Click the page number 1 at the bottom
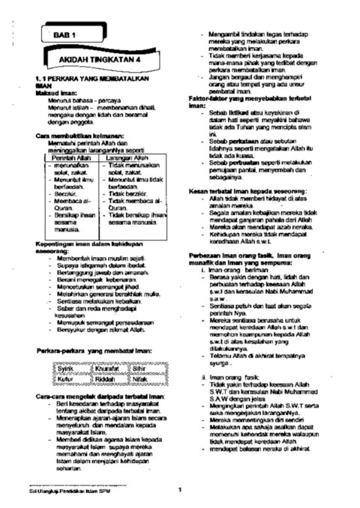tap(180, 490)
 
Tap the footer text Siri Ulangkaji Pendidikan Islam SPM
tap(61, 490)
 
